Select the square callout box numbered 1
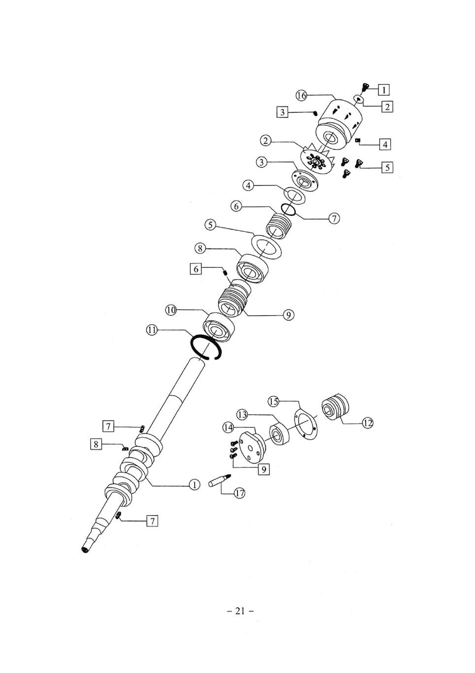[384, 90]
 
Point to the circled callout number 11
[152, 330]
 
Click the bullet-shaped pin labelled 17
[219, 480]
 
